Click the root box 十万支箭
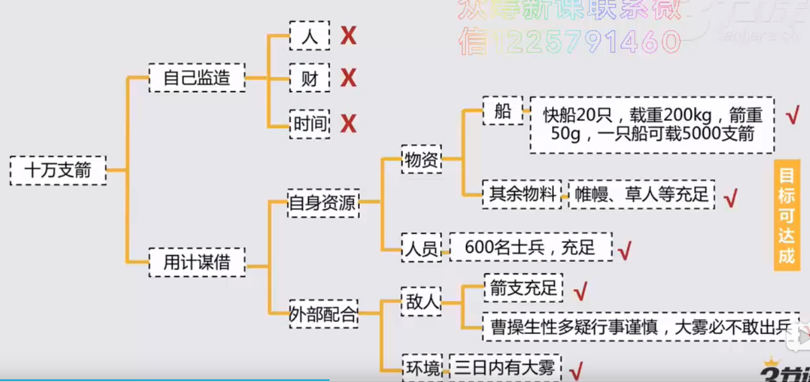58,170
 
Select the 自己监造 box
197,78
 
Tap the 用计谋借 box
197,261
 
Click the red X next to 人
348,36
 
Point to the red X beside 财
348,78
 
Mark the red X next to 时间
348,123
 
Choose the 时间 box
310,123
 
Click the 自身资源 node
323,203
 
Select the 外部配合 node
323,314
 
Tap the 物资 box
422,160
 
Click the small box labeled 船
503,112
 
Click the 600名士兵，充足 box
531,247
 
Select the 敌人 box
422,300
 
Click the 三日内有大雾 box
505,367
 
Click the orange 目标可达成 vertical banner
787,215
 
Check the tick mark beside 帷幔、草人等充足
731,199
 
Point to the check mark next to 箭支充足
580,291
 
